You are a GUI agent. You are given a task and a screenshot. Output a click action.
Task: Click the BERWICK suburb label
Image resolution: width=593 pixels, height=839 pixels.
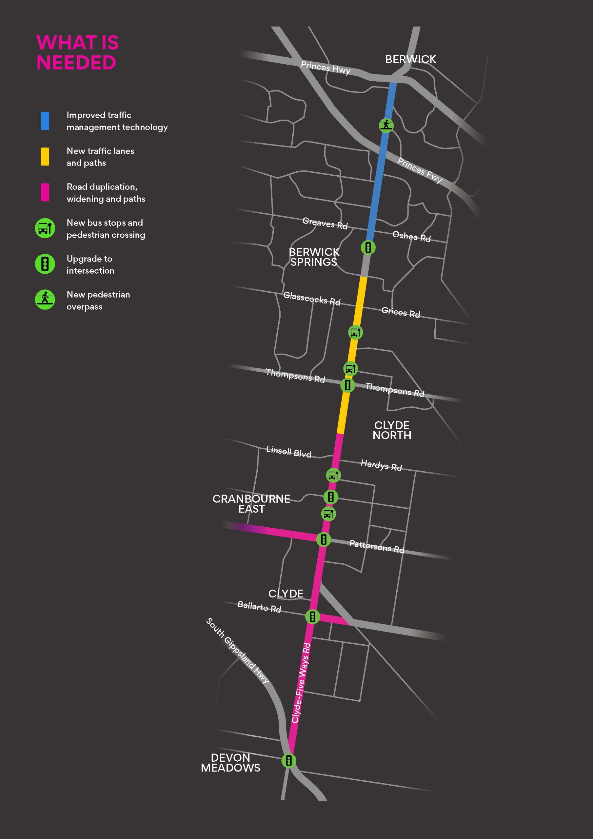point(410,59)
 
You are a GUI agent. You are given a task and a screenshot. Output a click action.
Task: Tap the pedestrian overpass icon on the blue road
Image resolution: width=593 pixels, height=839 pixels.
point(386,125)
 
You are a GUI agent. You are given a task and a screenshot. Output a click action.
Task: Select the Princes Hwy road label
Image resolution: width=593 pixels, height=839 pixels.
point(326,68)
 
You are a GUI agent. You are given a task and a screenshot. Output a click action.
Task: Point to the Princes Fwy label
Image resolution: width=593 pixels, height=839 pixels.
point(420,170)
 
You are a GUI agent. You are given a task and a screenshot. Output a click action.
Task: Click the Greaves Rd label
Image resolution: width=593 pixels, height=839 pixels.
point(325,223)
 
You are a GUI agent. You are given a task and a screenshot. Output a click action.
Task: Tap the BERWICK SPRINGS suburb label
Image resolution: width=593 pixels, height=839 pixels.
point(314,257)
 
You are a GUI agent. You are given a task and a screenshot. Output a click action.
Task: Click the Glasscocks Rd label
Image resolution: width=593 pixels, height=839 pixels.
point(311,299)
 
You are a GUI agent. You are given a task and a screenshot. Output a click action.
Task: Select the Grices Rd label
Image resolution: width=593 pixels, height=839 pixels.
point(401,312)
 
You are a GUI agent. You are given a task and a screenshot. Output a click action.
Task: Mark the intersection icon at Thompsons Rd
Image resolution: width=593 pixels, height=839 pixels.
point(347,385)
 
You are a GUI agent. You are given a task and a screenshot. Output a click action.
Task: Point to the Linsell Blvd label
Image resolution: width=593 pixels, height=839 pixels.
point(288,452)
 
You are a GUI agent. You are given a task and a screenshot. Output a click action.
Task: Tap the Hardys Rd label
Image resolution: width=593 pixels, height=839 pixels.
point(381,465)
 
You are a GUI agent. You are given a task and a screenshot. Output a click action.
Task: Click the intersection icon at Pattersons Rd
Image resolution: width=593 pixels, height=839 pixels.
point(323,539)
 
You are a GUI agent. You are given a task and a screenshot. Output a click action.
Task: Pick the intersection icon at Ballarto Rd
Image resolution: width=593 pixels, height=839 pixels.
point(313,617)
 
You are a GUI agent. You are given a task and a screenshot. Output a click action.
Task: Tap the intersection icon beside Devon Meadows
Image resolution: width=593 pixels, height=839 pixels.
point(288,760)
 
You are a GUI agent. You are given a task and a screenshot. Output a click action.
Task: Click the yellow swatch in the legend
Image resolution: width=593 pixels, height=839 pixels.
point(45,156)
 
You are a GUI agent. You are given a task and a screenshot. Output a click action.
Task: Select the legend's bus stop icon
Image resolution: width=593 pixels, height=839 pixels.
point(45,228)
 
